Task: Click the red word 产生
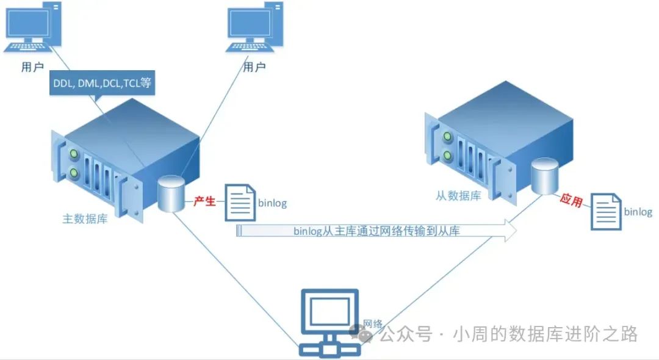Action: pyautogui.click(x=204, y=201)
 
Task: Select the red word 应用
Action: pyautogui.click(x=571, y=201)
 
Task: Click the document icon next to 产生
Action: pyautogui.click(x=240, y=202)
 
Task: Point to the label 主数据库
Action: pyautogui.click(x=85, y=218)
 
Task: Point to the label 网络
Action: pyautogui.click(x=372, y=323)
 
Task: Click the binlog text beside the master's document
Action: pyautogui.click(x=272, y=203)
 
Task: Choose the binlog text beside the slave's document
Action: pyautogui.click(x=638, y=212)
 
